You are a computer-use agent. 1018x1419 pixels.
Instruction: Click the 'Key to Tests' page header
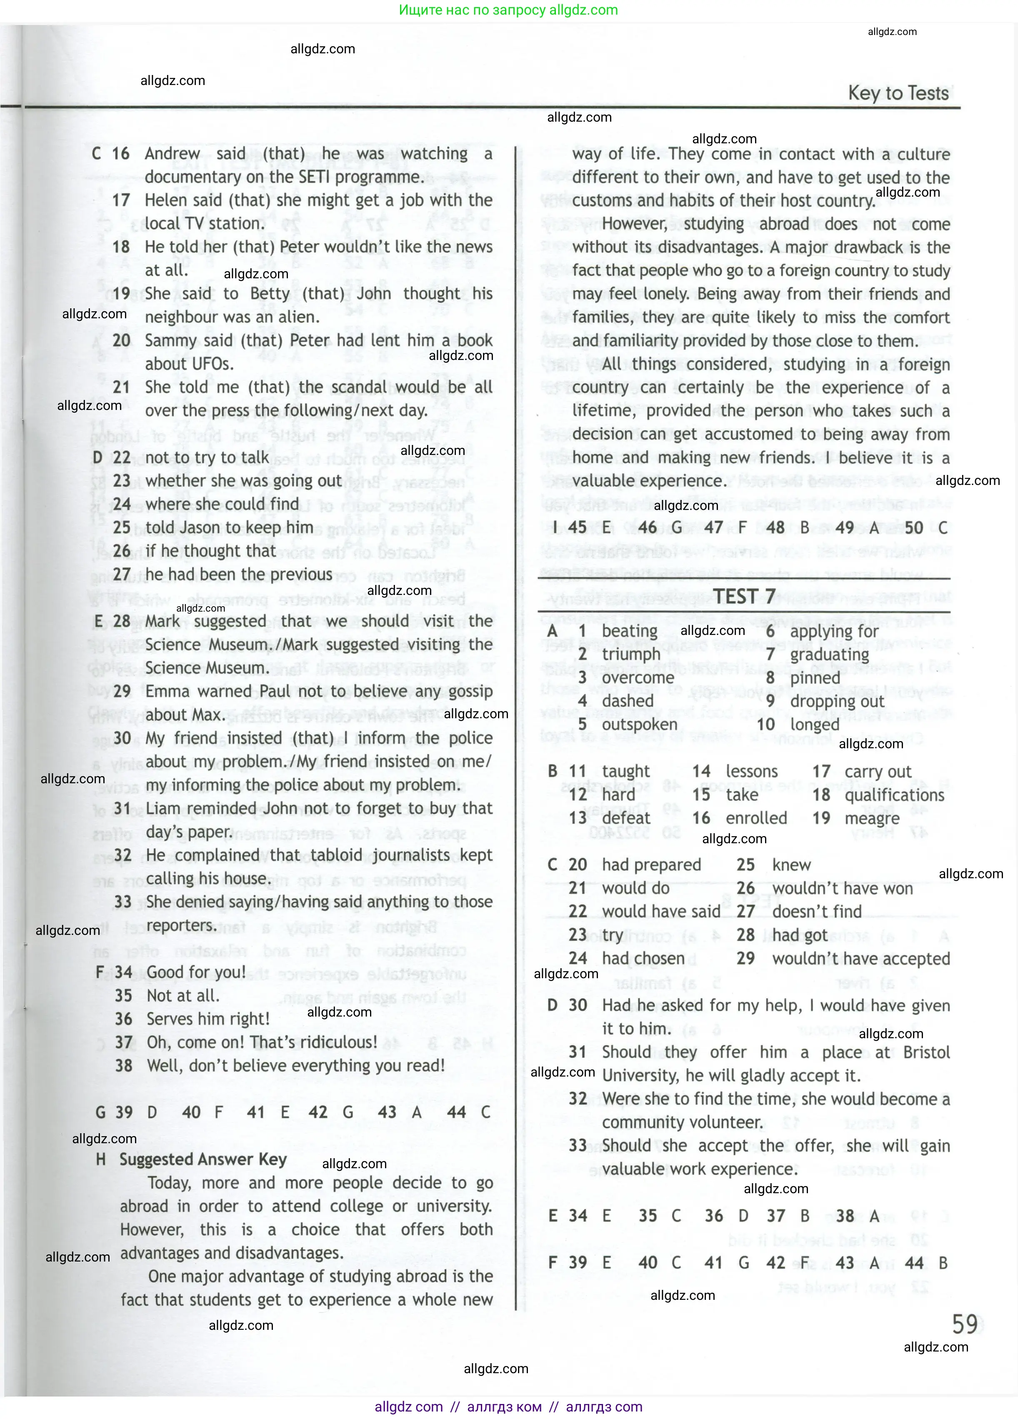(898, 93)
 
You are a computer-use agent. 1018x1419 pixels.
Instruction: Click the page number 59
(964, 1324)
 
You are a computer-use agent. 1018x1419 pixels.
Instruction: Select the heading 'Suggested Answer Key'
(203, 1159)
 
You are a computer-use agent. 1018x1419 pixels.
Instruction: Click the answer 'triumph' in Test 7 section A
(631, 655)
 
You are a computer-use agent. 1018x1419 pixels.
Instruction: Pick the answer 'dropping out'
(837, 701)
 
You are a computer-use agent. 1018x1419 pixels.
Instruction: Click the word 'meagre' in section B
(872, 818)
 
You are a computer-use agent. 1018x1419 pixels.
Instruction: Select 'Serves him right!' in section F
(208, 1019)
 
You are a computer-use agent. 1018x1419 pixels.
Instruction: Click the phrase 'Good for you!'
(196, 972)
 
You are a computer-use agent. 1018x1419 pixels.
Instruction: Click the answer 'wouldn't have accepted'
(860, 959)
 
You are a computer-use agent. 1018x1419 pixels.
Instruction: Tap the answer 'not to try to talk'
(207, 458)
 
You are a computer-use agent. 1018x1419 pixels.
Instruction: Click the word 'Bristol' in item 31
(926, 1052)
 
